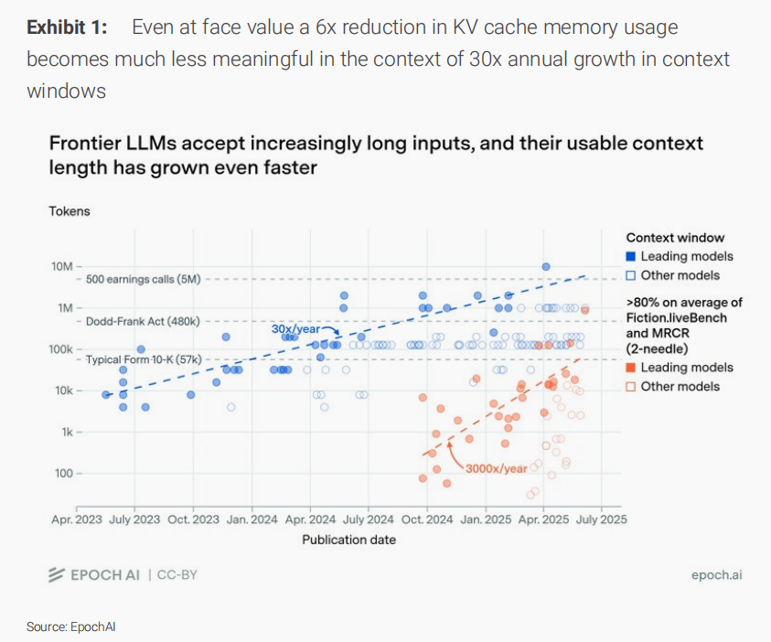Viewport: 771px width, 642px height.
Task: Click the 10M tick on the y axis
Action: [61, 266]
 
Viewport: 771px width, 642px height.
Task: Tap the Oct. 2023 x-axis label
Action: [193, 519]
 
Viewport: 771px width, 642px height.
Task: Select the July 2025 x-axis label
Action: [601, 519]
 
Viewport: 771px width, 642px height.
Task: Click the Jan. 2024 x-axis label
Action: [252, 519]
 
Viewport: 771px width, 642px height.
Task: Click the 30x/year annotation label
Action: [295, 328]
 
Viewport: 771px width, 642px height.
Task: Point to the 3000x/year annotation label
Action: [497, 469]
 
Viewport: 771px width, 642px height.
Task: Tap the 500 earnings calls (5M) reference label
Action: [143, 279]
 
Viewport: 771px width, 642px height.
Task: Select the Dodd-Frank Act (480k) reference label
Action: [143, 322]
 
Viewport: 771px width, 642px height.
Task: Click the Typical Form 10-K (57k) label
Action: [143, 360]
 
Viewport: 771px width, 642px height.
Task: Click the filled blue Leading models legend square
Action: [631, 257]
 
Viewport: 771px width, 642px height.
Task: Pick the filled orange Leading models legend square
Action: [631, 368]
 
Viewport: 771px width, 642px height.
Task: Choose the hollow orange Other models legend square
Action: [631, 387]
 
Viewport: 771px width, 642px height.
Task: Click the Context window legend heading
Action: [675, 238]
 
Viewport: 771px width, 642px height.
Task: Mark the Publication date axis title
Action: [349, 540]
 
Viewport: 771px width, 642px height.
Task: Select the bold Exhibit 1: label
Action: [67, 27]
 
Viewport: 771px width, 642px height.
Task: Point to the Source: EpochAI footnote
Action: [70, 626]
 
